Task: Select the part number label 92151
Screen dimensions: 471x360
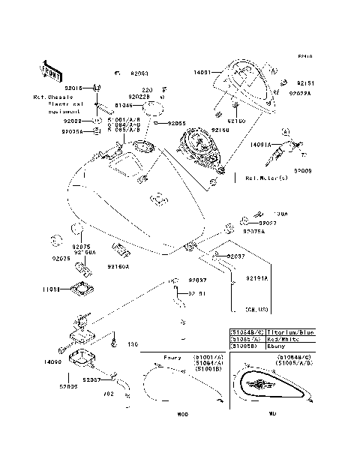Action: pyautogui.click(x=295, y=84)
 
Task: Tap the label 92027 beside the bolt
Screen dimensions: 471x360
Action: pyautogui.click(x=269, y=223)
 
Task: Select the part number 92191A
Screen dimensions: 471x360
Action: pyautogui.click(x=257, y=278)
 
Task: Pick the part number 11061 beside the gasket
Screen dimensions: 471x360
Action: pyautogui.click(x=52, y=287)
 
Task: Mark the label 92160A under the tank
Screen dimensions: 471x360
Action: pyautogui.click(x=118, y=265)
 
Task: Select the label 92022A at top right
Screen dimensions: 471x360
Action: pyautogui.click(x=298, y=94)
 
